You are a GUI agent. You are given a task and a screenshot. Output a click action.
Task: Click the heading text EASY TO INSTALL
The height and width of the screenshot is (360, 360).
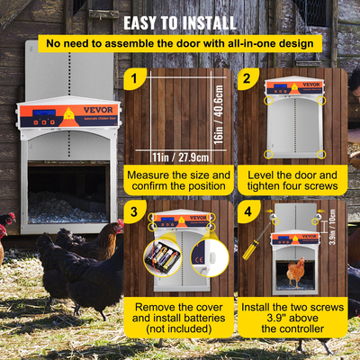coord(180,21)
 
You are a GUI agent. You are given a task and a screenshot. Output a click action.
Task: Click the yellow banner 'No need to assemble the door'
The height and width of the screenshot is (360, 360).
coord(180,42)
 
